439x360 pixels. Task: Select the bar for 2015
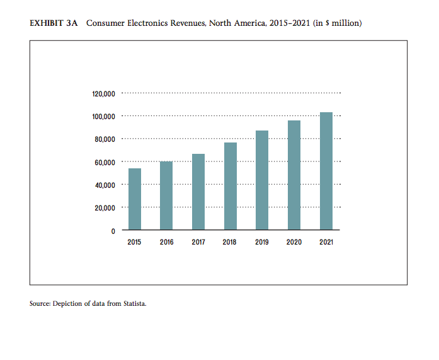point(135,199)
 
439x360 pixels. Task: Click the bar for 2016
point(166,195)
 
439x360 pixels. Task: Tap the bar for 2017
point(198,192)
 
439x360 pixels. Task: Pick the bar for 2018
point(231,186)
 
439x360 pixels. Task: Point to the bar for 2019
point(262,180)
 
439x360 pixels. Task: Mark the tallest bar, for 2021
point(326,171)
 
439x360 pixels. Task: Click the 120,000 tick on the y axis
point(103,94)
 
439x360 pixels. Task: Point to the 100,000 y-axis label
point(103,117)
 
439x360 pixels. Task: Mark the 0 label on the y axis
point(113,231)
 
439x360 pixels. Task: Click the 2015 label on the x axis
point(135,242)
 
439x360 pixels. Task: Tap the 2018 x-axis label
point(231,242)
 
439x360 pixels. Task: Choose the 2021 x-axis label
point(326,242)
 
